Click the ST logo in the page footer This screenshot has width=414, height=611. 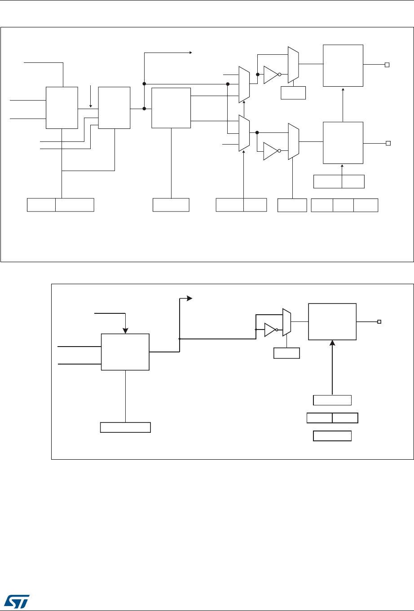(x=17, y=598)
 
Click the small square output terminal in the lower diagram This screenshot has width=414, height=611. (x=379, y=321)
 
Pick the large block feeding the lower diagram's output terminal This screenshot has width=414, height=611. (x=332, y=321)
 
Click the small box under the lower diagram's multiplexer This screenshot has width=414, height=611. (x=286, y=353)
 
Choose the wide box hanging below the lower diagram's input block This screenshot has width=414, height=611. (x=125, y=427)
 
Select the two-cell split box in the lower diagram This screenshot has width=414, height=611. (x=332, y=418)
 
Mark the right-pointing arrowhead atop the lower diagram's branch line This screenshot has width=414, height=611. (x=190, y=298)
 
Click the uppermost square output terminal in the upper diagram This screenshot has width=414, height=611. (x=387, y=65)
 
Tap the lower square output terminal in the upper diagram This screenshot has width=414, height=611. (x=388, y=143)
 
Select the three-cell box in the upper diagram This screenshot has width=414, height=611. (x=344, y=205)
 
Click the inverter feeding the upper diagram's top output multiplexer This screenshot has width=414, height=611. (x=271, y=75)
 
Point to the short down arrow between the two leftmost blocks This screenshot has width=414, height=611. (x=91, y=105)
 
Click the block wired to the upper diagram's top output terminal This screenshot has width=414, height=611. (x=343, y=65)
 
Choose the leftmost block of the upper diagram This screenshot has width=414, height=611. (x=62, y=108)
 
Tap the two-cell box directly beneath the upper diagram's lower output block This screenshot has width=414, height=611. (x=339, y=181)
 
